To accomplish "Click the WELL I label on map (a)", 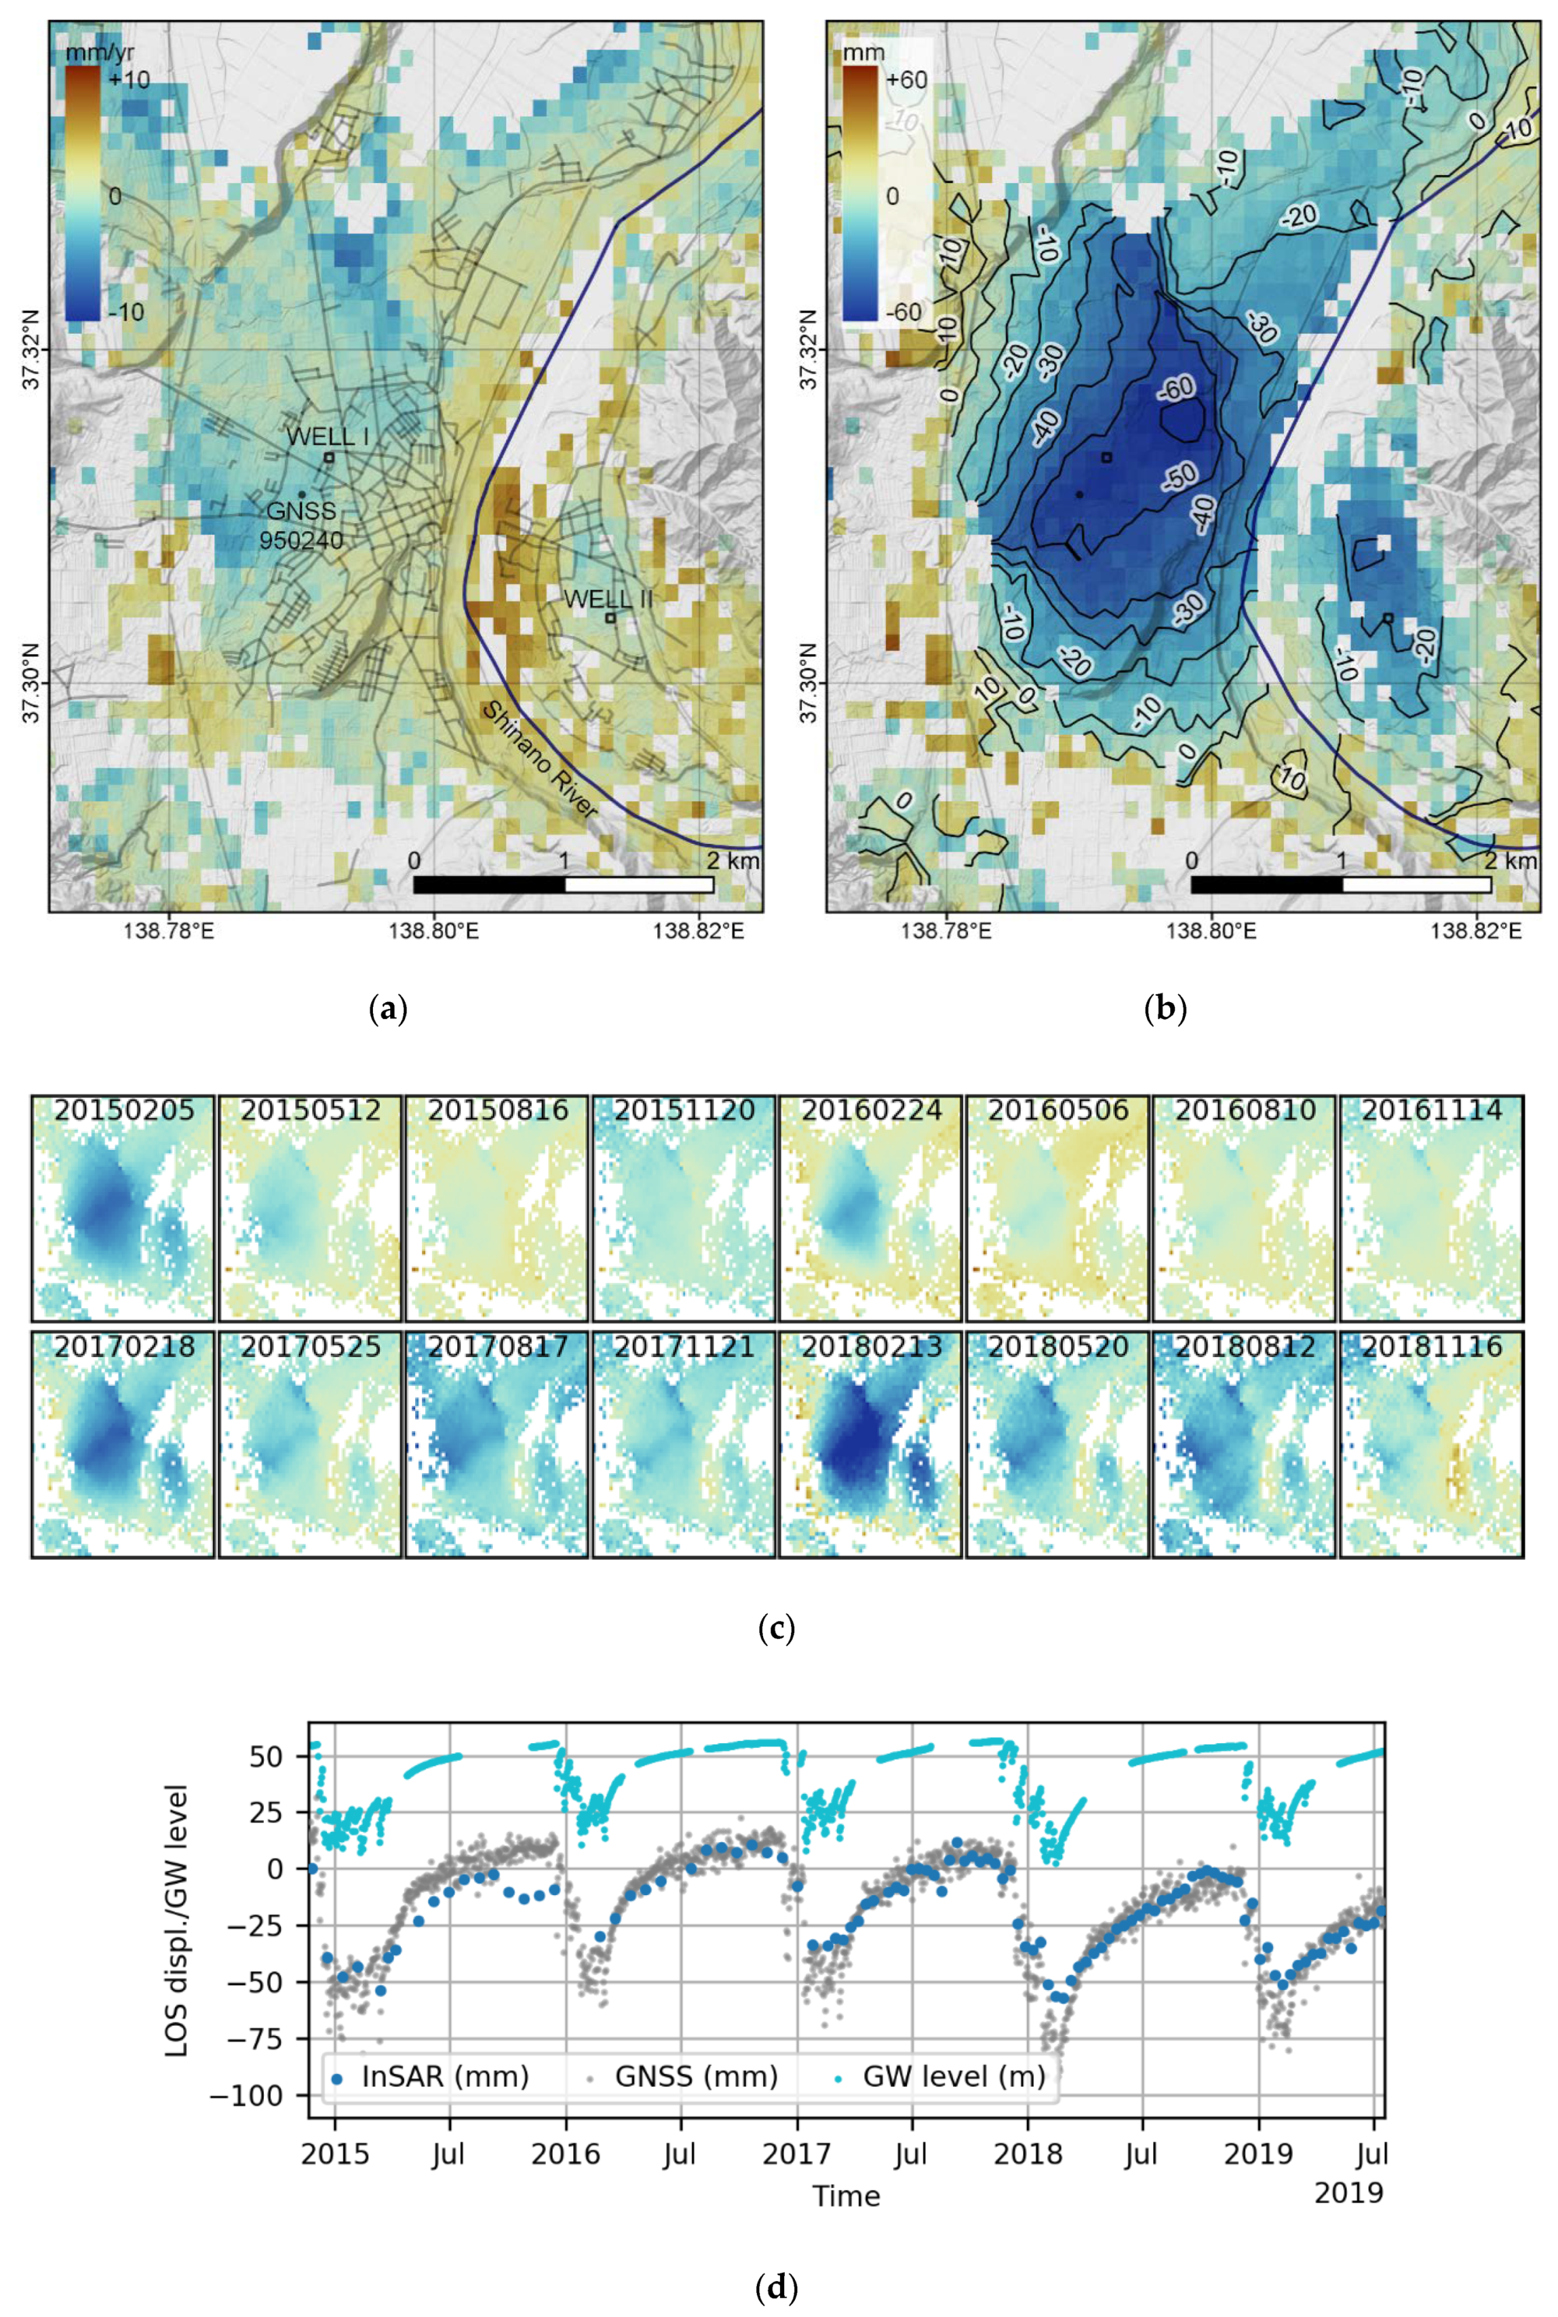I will pyautogui.click(x=327, y=436).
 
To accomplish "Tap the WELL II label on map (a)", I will pyautogui.click(x=608, y=599).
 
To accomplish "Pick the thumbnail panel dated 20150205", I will pyautogui.click(x=123, y=1207).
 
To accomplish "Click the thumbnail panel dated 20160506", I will pyautogui.click(x=1057, y=1207).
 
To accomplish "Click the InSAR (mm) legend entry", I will pyautogui.click(x=429, y=2077).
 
